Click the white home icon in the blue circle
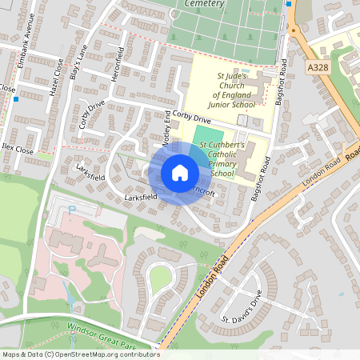tap(180, 172)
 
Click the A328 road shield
tap(318, 70)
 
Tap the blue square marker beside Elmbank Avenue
tap(16, 100)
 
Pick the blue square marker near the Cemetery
tap(289, 3)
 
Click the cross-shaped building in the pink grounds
tap(102, 254)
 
